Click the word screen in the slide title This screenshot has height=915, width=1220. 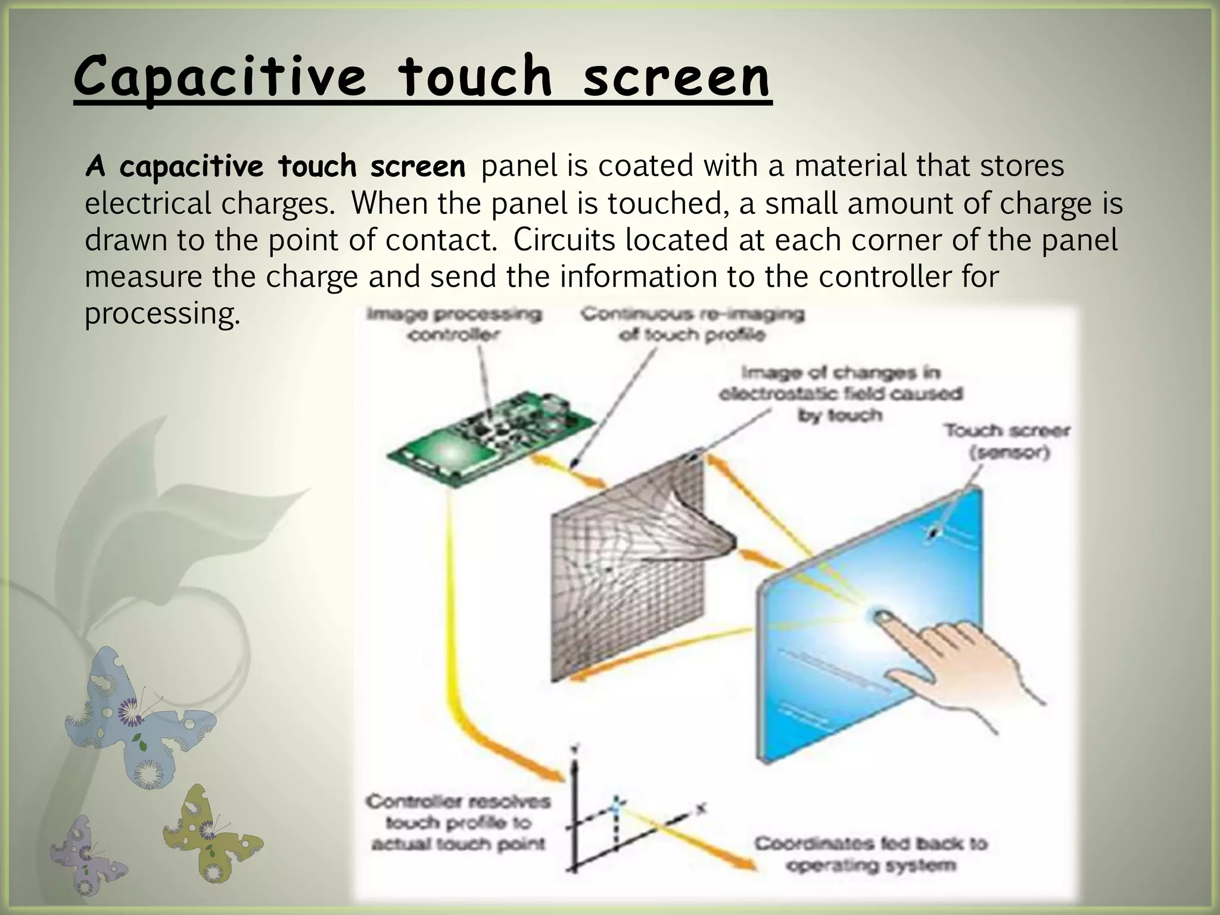coord(676,77)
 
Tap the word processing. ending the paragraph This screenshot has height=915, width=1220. coord(162,314)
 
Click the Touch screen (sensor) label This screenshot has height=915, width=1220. coord(1007,441)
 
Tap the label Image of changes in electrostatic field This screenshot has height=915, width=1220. coord(840,393)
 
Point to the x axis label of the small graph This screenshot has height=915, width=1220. coord(702,808)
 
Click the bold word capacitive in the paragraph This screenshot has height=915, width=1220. coord(191,167)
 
